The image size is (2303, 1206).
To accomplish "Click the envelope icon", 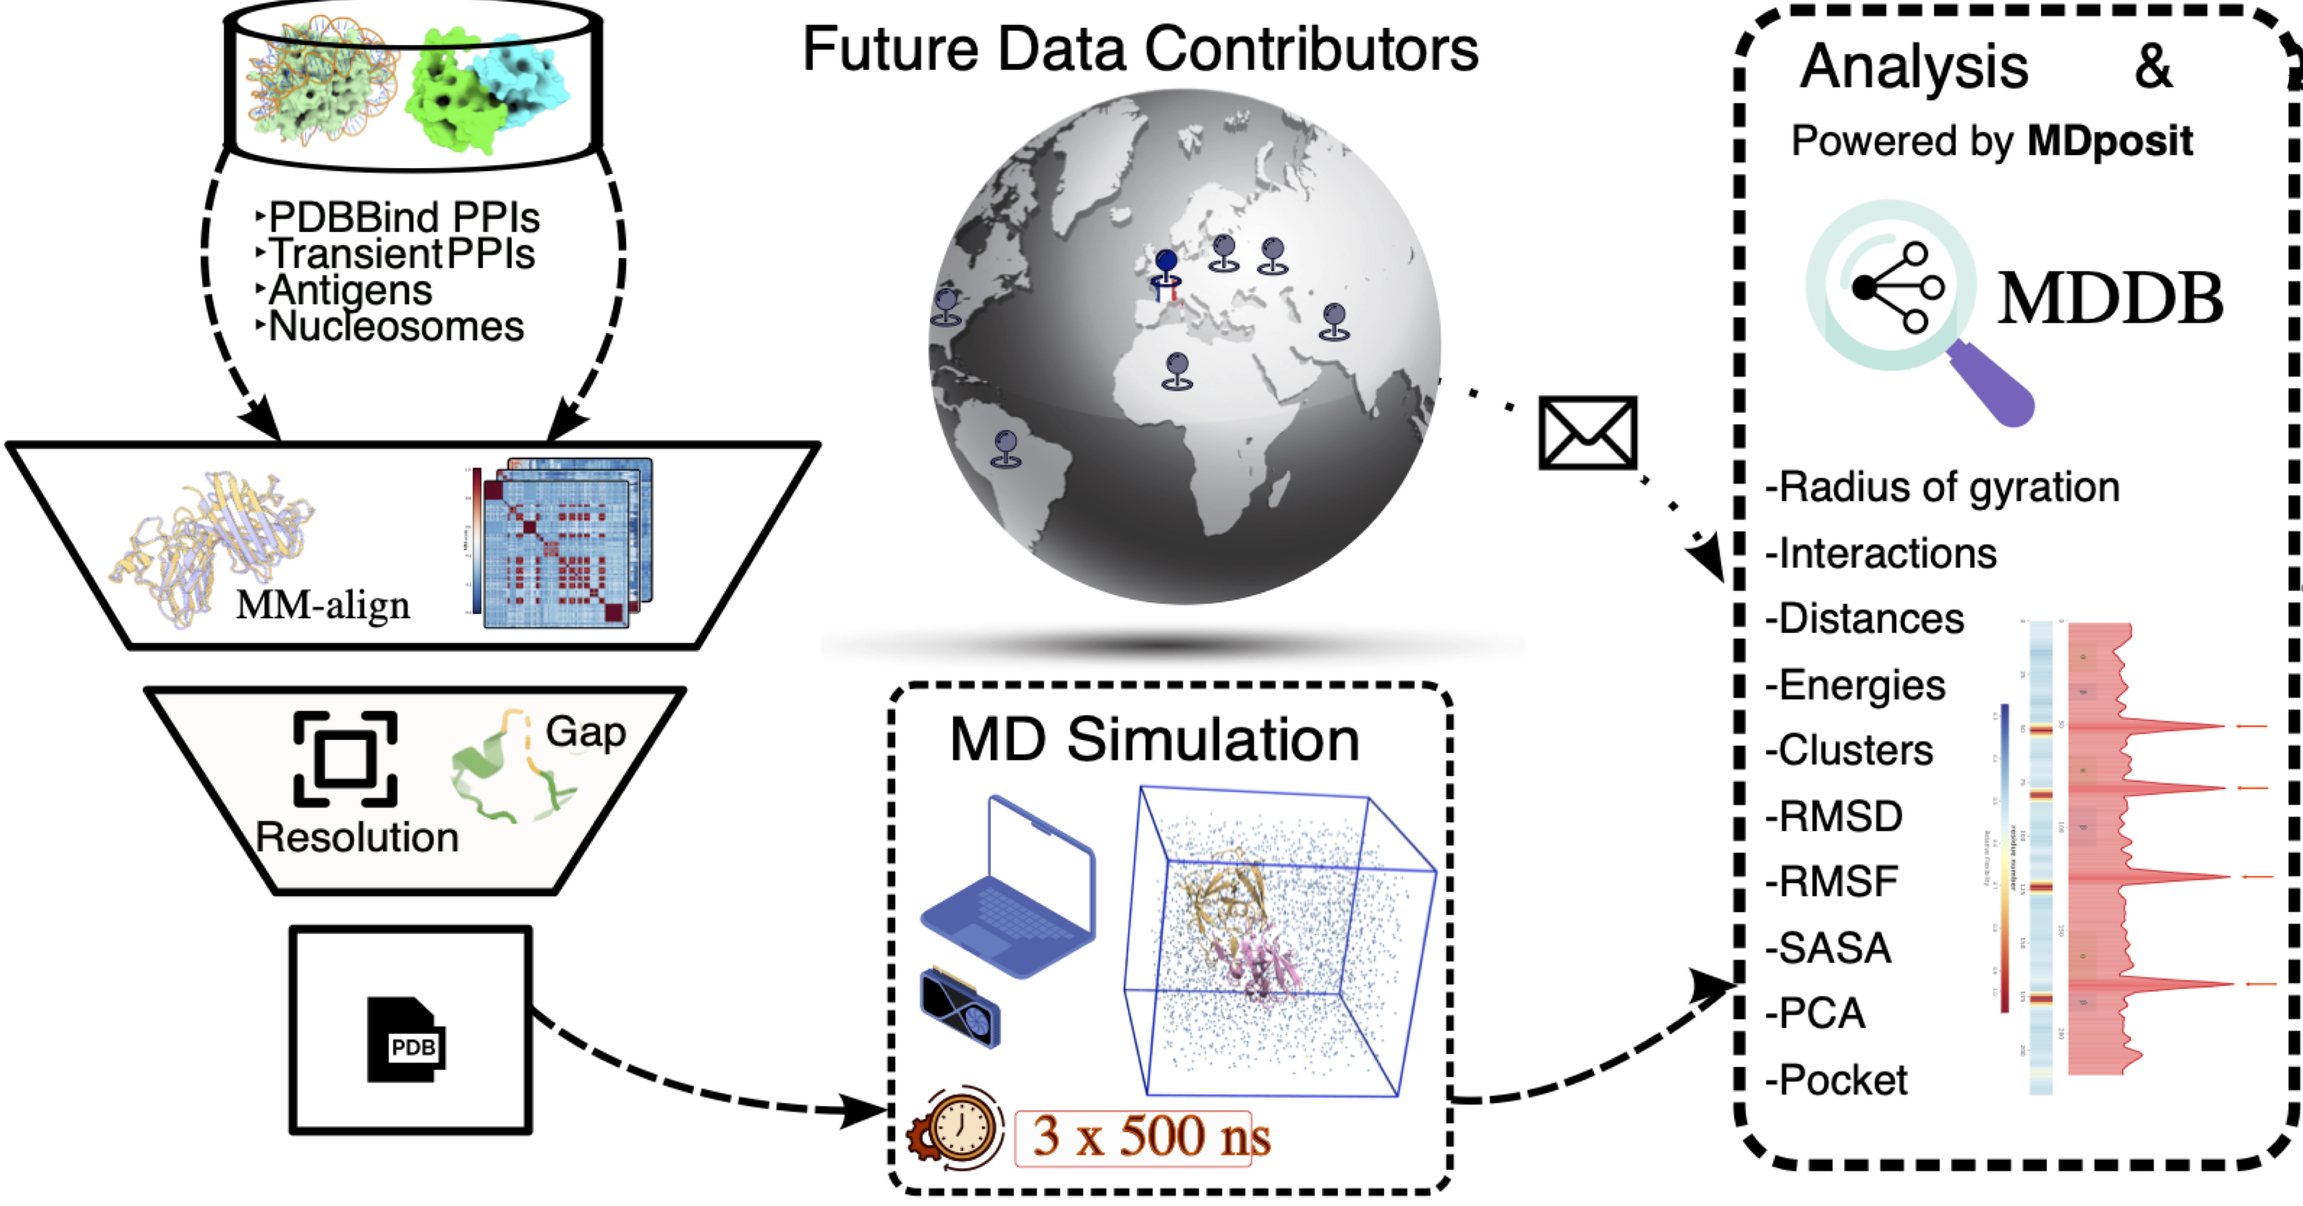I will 1587,433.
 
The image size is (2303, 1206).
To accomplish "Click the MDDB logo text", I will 2110,299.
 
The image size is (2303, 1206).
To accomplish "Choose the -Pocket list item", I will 1836,1080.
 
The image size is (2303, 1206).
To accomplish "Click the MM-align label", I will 323,605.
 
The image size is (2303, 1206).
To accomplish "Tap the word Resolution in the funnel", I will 356,838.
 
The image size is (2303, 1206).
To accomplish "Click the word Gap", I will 586,731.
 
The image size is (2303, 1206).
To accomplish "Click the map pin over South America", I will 1006,448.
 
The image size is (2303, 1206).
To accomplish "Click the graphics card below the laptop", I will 960,1008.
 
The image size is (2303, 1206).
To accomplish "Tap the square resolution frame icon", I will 345,759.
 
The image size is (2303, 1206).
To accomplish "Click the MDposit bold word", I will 2110,141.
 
